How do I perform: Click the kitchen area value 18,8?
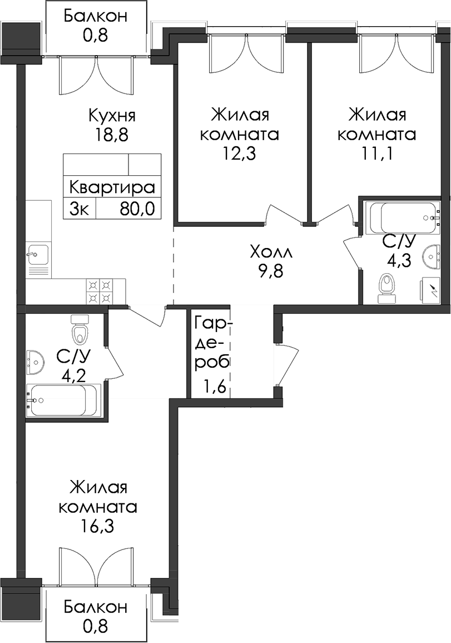coord(112,135)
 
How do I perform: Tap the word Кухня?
coord(112,116)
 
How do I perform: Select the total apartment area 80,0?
coord(137,209)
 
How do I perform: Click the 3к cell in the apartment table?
coord(80,209)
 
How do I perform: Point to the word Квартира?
coord(112,188)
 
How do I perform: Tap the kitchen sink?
coord(38,255)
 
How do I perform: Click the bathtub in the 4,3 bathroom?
coord(404,218)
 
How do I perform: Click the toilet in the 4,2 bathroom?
coord(80,329)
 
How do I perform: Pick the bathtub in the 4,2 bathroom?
coord(63,400)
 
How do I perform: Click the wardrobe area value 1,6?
coord(214,385)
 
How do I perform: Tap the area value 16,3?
coord(97,526)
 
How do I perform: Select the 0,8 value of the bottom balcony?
coord(96,626)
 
